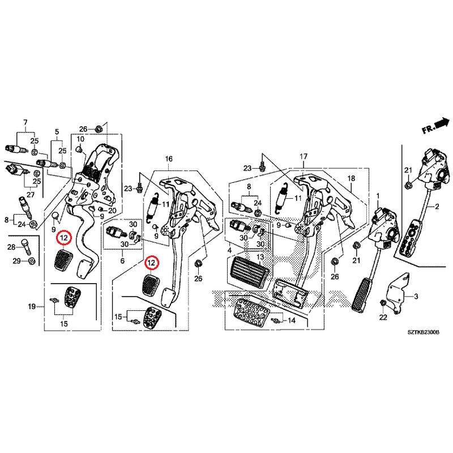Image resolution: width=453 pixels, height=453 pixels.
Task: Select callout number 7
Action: coord(25,122)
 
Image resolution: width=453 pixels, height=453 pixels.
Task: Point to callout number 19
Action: coord(32,306)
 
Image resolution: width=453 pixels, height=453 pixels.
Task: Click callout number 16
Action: coord(168,160)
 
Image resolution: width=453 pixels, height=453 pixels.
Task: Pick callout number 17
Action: coord(304,156)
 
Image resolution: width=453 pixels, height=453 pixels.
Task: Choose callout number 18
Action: coord(351,178)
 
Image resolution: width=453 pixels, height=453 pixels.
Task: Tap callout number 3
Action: coord(416,297)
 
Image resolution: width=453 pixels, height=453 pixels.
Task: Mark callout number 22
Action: coord(382,318)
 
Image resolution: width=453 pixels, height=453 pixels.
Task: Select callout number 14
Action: coord(292,320)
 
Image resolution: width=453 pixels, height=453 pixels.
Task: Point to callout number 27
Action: coord(30,195)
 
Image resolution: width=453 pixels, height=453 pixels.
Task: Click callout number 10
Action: coord(80,139)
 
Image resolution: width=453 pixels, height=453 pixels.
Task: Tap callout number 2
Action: coord(437,208)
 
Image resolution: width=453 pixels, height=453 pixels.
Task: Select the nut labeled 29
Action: coord(32,261)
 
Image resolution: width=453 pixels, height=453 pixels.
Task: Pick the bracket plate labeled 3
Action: coord(398,291)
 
